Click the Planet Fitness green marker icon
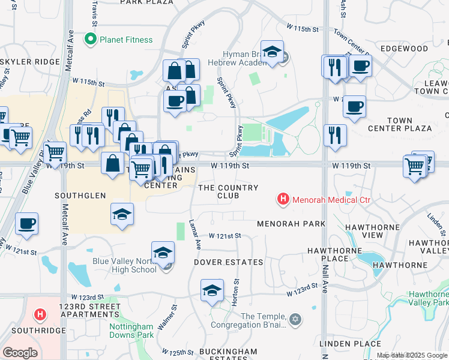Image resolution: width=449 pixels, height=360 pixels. point(91,40)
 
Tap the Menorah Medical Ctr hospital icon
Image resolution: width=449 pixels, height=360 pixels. point(282,199)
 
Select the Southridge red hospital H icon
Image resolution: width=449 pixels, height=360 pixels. point(40,314)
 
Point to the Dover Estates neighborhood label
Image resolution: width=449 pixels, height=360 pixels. point(228,262)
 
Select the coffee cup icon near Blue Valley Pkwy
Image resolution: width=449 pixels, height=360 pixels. point(27,224)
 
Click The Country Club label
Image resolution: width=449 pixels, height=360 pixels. point(228,191)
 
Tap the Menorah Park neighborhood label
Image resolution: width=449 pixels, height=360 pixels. point(291,224)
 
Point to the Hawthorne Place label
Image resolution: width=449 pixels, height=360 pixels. point(327,254)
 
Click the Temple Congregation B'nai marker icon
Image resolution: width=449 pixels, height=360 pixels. point(294,318)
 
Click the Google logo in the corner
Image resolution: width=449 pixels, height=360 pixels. point(20,353)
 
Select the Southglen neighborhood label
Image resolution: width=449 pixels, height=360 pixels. point(80,196)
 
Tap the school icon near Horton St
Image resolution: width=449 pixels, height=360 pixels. point(211,290)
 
